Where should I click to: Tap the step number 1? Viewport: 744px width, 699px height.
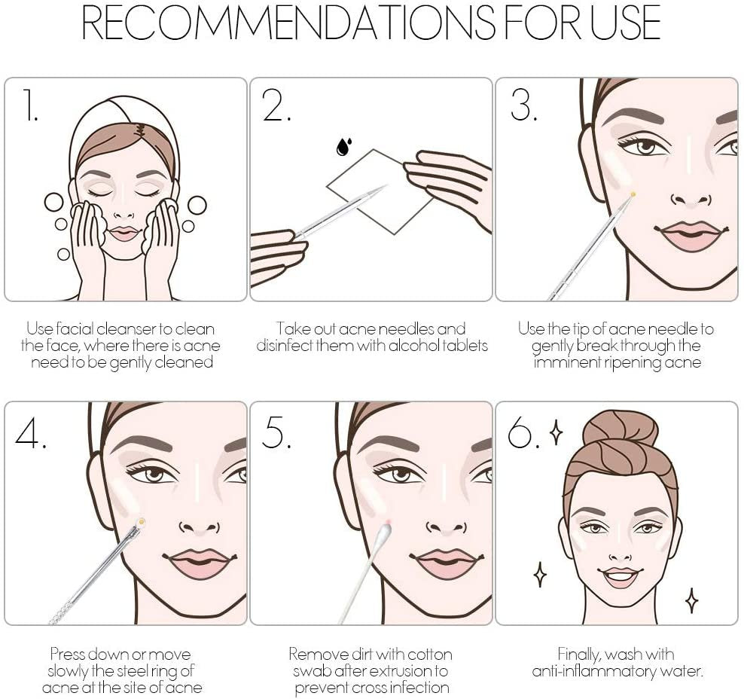tap(31, 105)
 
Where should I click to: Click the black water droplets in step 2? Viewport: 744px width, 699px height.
tap(343, 146)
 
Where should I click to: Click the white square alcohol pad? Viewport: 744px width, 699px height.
tap(380, 191)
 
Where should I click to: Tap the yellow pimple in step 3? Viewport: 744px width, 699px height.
tap(633, 194)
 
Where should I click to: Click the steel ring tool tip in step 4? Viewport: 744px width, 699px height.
tap(141, 523)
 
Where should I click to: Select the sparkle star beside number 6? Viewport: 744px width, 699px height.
tap(556, 433)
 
